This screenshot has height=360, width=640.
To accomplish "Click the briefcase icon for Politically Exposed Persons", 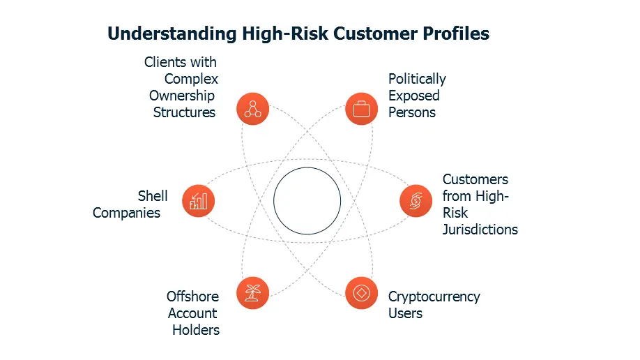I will click(362, 109).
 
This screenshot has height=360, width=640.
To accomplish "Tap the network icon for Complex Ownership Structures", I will click(252, 109).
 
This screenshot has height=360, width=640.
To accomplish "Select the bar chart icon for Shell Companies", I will click(198, 202).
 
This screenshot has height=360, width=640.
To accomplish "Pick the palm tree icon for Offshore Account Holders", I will click(252, 293).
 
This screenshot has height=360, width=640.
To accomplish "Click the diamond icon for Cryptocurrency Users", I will click(362, 293).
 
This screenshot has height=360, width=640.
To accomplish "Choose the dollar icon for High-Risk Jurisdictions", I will click(416, 202).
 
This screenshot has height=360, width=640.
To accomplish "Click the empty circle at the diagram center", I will click(307, 201).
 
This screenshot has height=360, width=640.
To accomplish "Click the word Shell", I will click(153, 196).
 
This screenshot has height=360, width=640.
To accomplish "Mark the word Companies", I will click(126, 213).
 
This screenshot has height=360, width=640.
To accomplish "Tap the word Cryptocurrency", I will click(434, 297).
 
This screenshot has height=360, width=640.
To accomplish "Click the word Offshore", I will click(192, 297).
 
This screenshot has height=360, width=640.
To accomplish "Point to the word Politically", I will click(417, 79).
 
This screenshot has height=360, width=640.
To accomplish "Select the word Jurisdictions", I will click(480, 230).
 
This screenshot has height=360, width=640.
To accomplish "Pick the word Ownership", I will click(181, 96).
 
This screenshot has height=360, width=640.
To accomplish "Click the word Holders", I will click(196, 330).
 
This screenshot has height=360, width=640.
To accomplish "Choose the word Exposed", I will click(414, 96).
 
